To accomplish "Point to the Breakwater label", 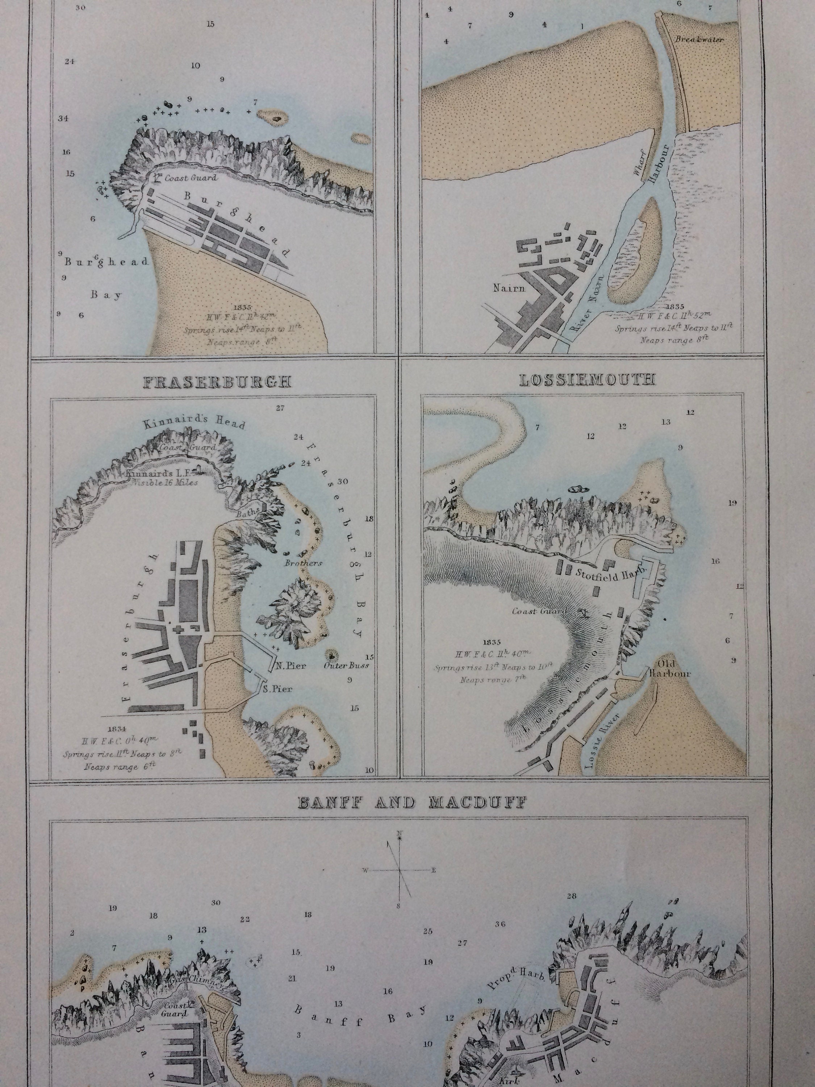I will [699, 39].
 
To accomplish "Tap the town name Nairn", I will [509, 288].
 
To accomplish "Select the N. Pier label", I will [291, 666].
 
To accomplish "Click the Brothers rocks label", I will [303, 563].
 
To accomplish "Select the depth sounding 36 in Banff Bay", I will [500, 924].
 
